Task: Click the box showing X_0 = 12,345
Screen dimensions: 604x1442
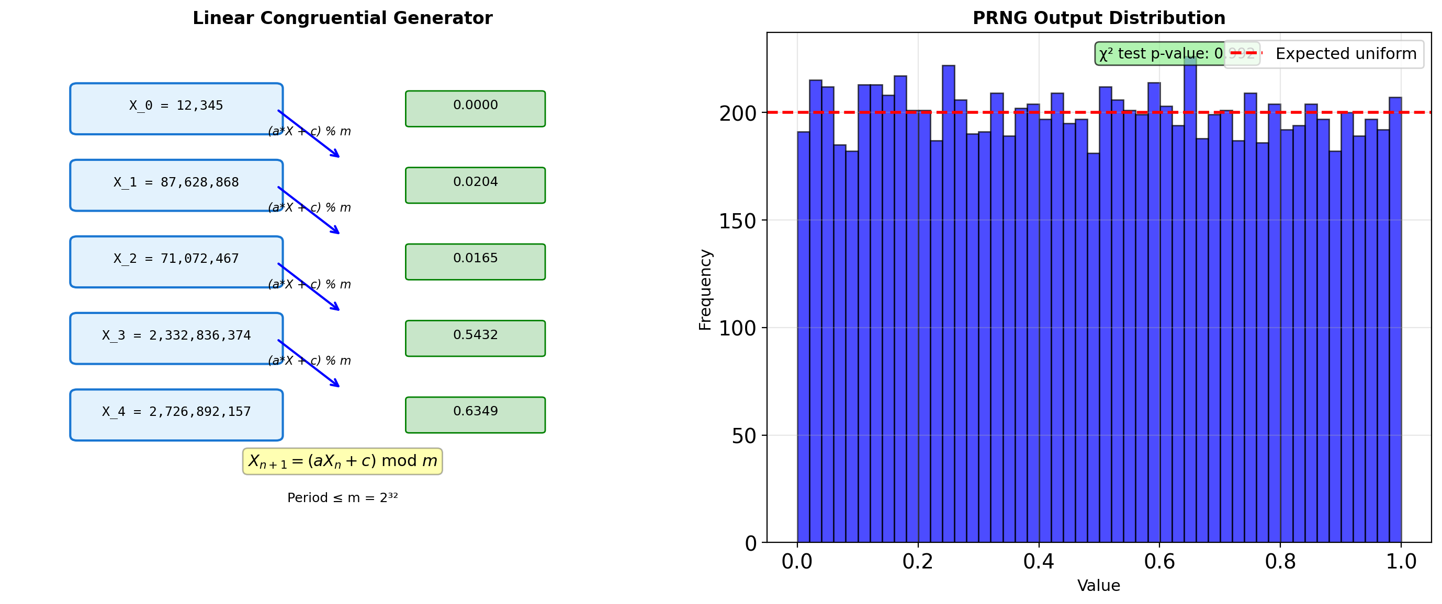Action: (x=176, y=109)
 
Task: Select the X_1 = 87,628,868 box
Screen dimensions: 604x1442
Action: (x=176, y=185)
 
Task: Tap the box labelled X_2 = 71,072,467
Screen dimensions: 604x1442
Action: (x=176, y=262)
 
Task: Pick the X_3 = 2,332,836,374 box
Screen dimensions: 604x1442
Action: (x=176, y=339)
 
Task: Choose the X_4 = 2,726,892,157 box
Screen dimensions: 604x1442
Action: (x=176, y=415)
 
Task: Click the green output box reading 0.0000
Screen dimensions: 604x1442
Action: (x=475, y=109)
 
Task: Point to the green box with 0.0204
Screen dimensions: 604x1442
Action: (x=475, y=185)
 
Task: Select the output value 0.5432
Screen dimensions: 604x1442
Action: (x=475, y=339)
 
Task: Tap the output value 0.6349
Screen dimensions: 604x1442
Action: (x=475, y=415)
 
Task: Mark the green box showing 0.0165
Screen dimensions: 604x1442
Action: (x=475, y=262)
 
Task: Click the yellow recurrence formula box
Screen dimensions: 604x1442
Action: (x=343, y=461)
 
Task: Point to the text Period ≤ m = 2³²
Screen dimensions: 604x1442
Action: (x=343, y=498)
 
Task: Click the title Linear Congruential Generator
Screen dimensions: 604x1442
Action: (x=343, y=18)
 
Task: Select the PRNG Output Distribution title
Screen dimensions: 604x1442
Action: (x=1099, y=18)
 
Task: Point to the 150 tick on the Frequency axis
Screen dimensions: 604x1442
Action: (x=737, y=221)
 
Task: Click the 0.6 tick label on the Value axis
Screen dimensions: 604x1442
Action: (x=1159, y=562)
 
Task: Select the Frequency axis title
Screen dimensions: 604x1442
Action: (x=705, y=289)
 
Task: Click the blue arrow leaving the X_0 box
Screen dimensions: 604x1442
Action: (x=309, y=134)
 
